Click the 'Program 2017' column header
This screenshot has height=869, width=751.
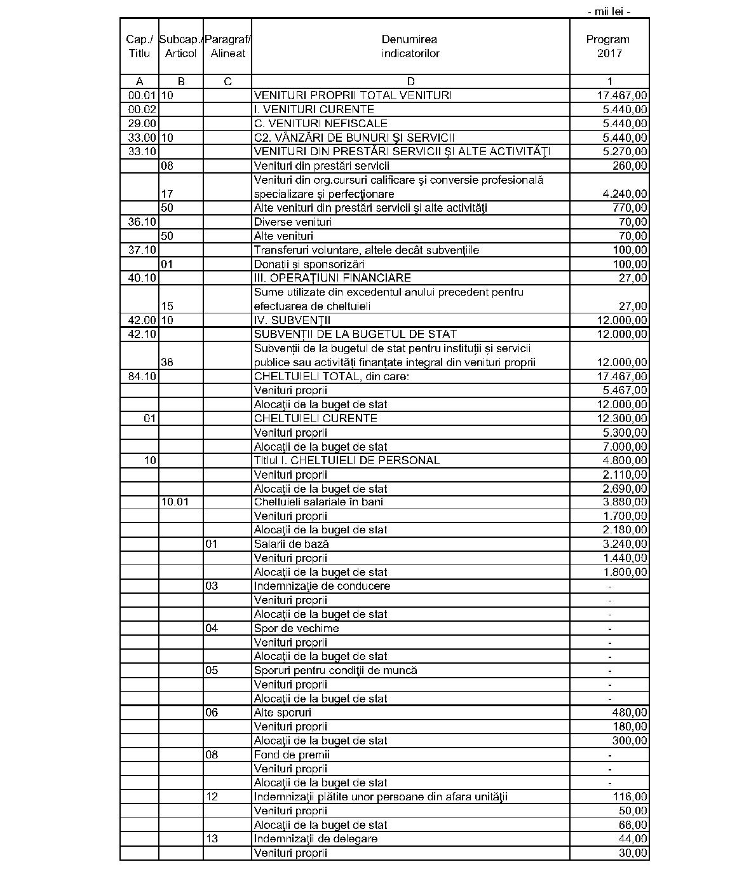(x=609, y=46)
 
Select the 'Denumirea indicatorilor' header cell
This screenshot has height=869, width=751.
(x=410, y=46)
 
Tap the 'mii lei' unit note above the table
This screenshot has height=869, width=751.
(x=609, y=11)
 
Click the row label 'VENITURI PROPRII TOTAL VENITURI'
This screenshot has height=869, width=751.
(x=353, y=95)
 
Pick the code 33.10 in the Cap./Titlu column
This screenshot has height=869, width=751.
(x=142, y=151)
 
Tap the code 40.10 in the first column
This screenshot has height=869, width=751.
(x=142, y=278)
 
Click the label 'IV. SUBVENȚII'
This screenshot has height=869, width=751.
(x=292, y=320)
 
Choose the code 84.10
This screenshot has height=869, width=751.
(x=142, y=376)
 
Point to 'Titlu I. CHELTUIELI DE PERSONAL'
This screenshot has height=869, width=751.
(x=346, y=460)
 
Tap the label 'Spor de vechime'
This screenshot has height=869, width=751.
(x=296, y=628)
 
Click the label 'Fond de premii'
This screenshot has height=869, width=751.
(x=292, y=755)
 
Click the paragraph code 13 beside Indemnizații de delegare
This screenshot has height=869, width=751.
(x=212, y=838)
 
